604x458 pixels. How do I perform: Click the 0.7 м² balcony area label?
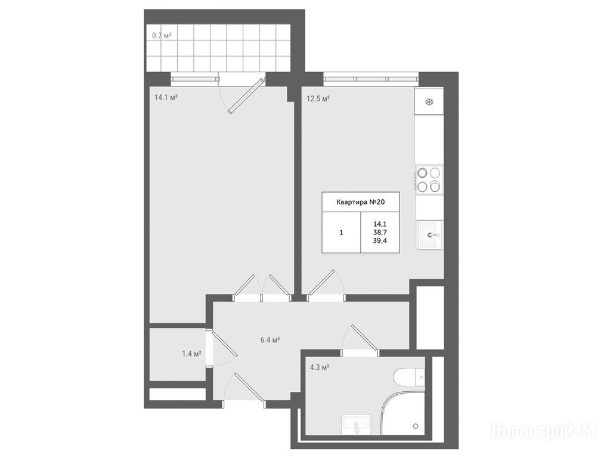coord(162,36)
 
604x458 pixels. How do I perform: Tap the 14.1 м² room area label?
coord(166,97)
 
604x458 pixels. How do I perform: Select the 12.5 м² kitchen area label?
coord(318,98)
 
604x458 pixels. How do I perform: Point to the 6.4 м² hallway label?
coord(270,340)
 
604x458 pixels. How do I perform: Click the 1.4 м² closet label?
coord(191,354)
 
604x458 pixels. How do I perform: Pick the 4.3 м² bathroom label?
coord(320,367)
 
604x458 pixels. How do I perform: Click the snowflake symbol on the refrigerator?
coord(429,102)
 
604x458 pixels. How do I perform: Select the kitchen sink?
coord(429,235)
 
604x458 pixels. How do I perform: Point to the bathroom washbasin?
coord(356,425)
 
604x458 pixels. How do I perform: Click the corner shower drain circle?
coord(415,426)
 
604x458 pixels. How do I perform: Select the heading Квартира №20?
coord(360,202)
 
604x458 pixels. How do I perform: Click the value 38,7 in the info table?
coord(380,232)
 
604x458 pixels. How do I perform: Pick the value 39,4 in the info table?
coord(380,241)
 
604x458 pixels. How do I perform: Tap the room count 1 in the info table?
coord(341,233)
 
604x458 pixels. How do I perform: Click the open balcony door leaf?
coord(246,96)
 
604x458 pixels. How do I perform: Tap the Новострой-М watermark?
coord(546,430)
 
